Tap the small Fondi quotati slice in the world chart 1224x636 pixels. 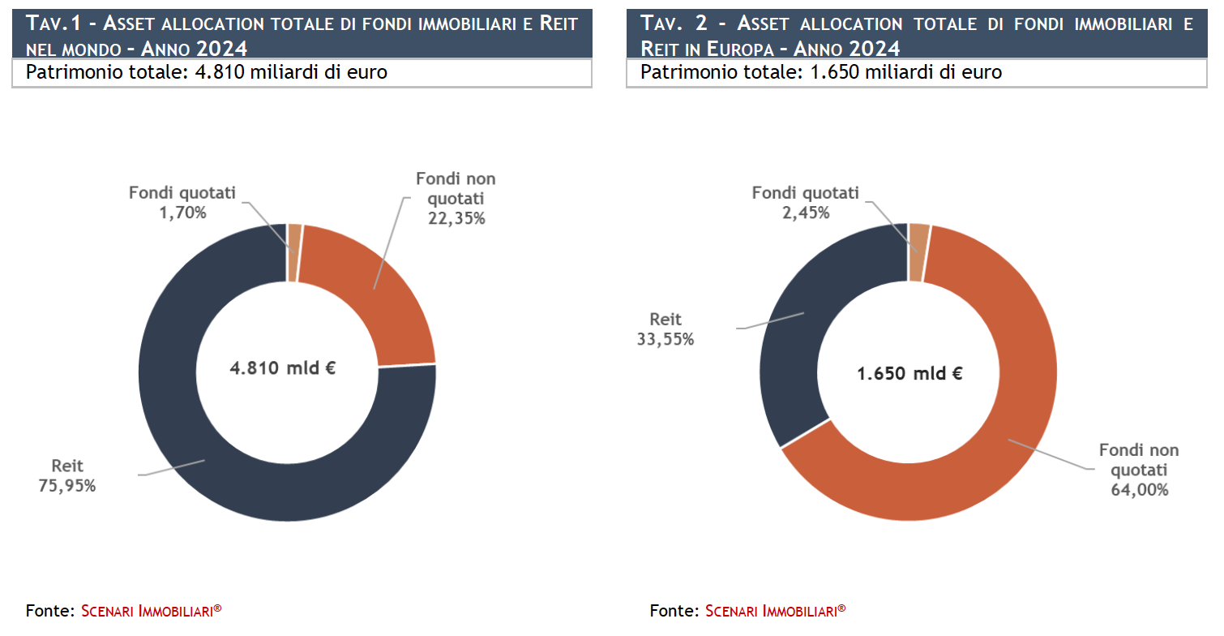pyautogui.click(x=294, y=252)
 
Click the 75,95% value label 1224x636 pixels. pyautogui.click(x=66, y=486)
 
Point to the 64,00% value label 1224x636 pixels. pyautogui.click(x=1139, y=489)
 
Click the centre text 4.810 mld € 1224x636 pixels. pyautogui.click(x=283, y=367)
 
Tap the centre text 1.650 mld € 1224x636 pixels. pyautogui.click(x=910, y=374)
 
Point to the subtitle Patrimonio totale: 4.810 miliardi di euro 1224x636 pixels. pyautogui.click(x=207, y=72)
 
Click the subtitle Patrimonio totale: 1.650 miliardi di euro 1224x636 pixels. pyautogui.click(x=821, y=72)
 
